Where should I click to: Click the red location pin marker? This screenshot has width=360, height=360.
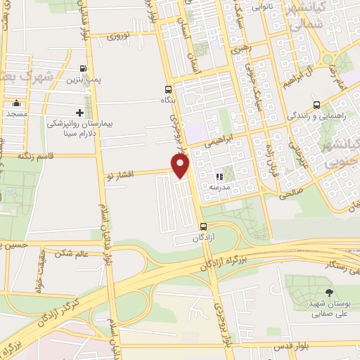click(x=181, y=166)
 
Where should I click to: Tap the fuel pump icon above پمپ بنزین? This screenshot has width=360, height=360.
click(x=85, y=69)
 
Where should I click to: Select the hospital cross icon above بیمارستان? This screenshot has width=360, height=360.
click(x=79, y=112)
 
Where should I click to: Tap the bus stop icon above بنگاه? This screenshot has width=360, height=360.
click(x=167, y=89)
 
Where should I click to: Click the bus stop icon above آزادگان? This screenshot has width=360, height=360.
click(x=203, y=226)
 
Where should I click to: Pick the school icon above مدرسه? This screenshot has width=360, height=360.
click(x=219, y=176)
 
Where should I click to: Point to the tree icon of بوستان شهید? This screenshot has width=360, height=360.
click(x=329, y=291)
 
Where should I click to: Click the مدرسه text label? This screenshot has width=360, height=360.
click(x=220, y=188)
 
